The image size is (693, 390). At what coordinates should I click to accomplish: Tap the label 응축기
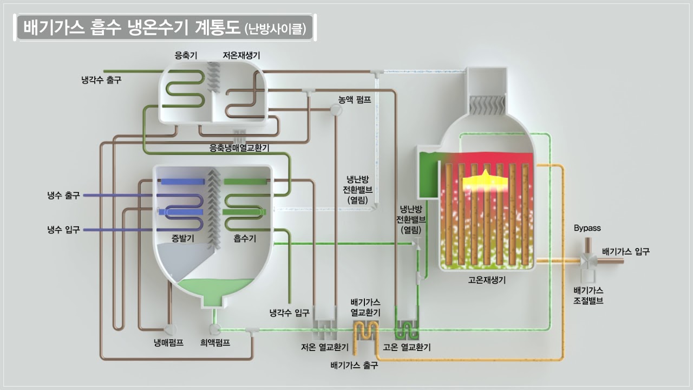[x=186, y=55]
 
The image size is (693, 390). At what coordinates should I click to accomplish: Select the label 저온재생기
[x=241, y=55]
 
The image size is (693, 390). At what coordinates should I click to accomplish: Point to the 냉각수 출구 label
[x=101, y=80]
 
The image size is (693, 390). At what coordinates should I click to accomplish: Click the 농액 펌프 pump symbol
[x=336, y=110]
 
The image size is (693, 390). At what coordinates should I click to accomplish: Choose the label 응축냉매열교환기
[x=239, y=147]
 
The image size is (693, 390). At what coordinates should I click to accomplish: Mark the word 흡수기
[x=245, y=238]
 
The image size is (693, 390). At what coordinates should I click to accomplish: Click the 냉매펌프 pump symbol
[x=169, y=329]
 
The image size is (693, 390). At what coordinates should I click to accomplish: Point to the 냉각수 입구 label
[x=290, y=313]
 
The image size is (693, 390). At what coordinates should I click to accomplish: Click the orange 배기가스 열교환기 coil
[x=365, y=329]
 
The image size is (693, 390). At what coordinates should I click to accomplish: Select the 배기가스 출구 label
[x=354, y=365]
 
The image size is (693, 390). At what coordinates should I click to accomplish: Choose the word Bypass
[x=587, y=228]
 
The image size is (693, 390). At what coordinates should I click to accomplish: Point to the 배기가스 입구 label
[x=626, y=251]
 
